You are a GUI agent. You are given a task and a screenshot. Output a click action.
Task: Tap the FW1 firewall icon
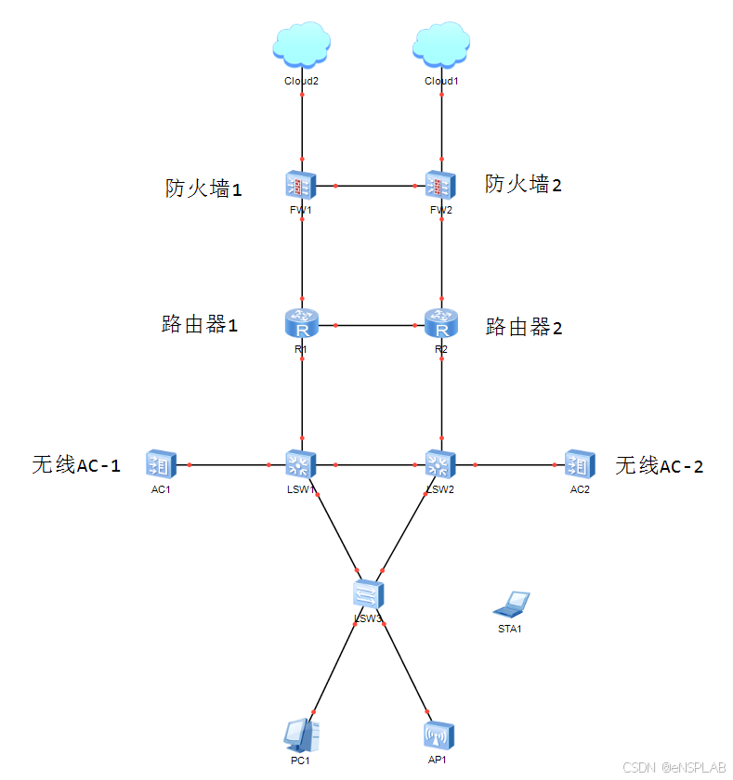tap(302, 185)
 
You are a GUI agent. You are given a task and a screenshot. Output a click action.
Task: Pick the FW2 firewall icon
tap(441, 185)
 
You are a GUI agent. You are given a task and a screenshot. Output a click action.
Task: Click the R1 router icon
tap(302, 324)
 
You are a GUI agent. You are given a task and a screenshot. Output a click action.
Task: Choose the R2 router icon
tap(441, 324)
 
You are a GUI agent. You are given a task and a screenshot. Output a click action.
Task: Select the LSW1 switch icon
tap(302, 463)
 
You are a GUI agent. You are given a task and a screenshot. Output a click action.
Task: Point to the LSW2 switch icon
tap(439, 463)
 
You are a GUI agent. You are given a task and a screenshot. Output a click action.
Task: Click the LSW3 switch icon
tap(369, 593)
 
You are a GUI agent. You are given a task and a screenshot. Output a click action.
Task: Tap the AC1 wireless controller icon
tap(161, 463)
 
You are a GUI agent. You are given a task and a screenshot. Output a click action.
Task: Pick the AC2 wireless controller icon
tap(580, 463)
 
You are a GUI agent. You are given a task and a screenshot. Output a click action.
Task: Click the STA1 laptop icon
tap(512, 604)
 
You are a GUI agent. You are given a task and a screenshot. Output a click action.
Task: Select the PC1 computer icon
tap(301, 735)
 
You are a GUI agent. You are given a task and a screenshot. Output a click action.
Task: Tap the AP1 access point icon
tap(438, 735)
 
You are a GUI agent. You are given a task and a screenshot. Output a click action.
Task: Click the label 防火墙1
tap(203, 188)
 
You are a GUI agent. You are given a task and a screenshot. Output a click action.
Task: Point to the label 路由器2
tap(525, 327)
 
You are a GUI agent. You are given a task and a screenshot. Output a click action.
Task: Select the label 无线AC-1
tap(76, 465)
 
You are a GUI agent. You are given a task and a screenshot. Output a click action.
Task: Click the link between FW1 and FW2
tap(372, 186)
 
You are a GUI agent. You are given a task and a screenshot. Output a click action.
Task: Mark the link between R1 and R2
tap(372, 325)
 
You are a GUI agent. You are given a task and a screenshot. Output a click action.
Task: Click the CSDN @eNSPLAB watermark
tap(674, 768)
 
